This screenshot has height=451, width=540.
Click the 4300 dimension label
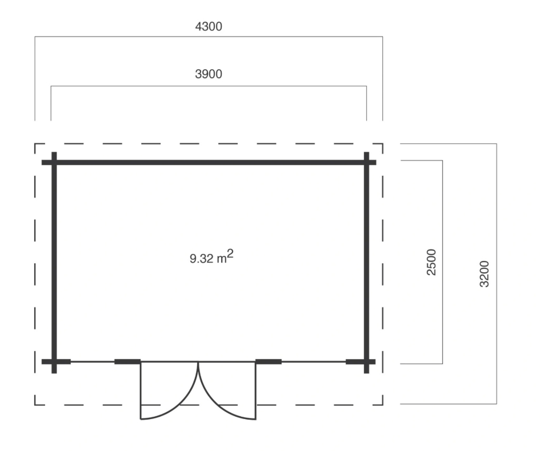point(209,26)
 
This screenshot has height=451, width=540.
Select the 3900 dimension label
point(209,74)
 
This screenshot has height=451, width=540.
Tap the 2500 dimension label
point(431,262)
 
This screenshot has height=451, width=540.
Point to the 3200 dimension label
point(484,274)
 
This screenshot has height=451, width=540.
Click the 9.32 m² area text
point(211,257)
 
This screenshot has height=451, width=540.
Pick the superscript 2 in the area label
point(230,254)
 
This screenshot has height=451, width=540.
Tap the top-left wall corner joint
point(54,162)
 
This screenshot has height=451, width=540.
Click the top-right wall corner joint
point(366,162)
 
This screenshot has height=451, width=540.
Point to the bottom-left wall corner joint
point(54,361)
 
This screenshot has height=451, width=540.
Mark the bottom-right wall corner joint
point(366,361)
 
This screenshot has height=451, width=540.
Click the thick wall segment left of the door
point(127,361)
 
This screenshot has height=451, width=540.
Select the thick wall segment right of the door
point(269,361)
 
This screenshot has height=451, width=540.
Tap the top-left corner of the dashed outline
point(35,144)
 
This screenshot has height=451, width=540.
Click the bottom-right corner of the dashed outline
point(383,405)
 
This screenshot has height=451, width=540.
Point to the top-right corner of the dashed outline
point(383,144)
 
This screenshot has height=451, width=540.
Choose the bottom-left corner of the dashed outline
point(35,405)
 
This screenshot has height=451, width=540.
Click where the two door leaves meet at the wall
point(198,362)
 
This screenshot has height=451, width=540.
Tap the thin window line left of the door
point(93,361)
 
